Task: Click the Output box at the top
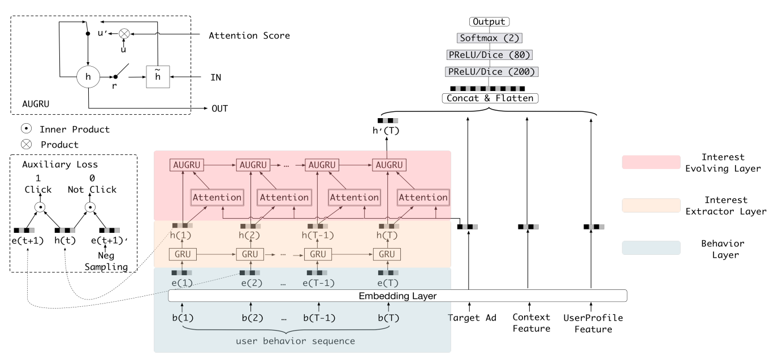tap(489, 22)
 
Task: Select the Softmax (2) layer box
tap(489, 38)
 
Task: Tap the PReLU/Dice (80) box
tap(489, 55)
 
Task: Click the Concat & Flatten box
tap(489, 98)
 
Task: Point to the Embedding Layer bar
tap(397, 296)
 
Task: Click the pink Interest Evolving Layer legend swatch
tap(651, 162)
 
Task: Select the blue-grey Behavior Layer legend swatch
tap(651, 248)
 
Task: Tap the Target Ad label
tap(472, 318)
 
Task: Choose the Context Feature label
tap(531, 323)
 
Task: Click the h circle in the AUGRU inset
tap(88, 76)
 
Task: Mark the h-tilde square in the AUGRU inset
tap(157, 76)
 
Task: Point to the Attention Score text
tap(249, 36)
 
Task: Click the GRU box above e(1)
tap(182, 254)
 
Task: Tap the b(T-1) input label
tap(319, 318)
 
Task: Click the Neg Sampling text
tap(107, 262)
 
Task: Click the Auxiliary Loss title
tap(59, 165)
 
